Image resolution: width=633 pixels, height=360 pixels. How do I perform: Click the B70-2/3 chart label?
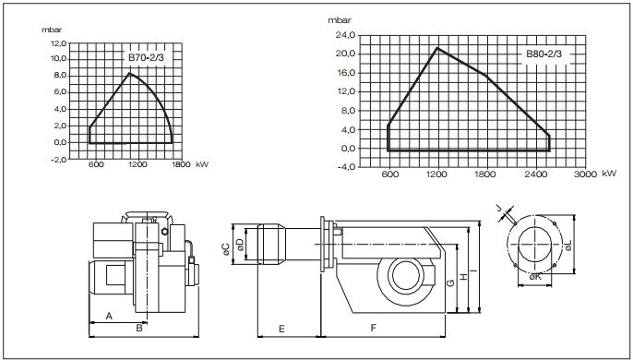click(x=146, y=57)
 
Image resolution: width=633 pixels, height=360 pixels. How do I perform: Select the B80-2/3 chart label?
click(x=543, y=54)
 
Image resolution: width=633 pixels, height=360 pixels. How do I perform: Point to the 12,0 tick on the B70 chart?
click(x=58, y=43)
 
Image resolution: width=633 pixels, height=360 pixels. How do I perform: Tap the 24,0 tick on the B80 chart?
click(x=346, y=35)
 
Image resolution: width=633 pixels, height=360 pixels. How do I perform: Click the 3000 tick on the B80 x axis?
click(x=585, y=174)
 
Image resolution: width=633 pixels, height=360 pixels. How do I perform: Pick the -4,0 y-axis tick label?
click(x=346, y=167)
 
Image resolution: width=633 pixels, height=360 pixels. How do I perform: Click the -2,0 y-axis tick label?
click(x=58, y=160)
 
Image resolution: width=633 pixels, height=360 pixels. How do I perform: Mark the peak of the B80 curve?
click(x=437, y=48)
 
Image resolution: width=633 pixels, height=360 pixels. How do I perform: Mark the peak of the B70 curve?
click(x=129, y=73)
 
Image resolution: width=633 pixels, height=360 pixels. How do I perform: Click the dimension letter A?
click(x=109, y=316)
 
